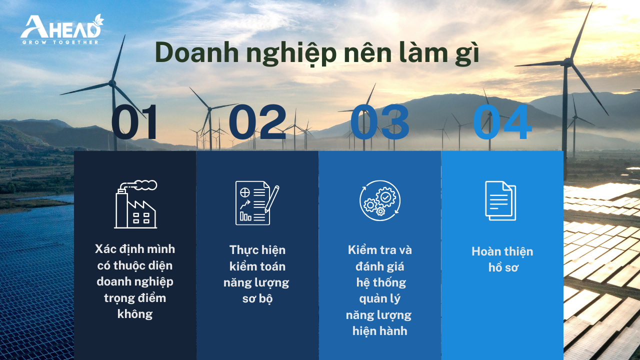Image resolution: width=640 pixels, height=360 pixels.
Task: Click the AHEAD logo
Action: click(x=62, y=29)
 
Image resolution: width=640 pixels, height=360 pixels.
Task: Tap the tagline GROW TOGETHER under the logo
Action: click(x=60, y=42)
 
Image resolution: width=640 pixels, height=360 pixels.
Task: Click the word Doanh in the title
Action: click(x=197, y=53)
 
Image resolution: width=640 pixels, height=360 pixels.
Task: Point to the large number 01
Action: click(x=134, y=121)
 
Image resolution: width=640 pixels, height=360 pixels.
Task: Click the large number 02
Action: click(x=257, y=121)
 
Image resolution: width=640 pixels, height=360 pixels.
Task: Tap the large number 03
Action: click(x=379, y=121)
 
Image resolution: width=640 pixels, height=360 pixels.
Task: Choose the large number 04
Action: click(x=502, y=121)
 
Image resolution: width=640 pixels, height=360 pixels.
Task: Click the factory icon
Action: click(x=135, y=204)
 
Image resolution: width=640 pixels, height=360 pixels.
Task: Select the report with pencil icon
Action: click(x=257, y=203)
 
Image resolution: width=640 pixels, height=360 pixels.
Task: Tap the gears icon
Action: click(x=380, y=200)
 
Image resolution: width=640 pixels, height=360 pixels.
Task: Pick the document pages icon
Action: click(x=500, y=200)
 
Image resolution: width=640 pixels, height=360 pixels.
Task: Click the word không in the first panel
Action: click(x=135, y=314)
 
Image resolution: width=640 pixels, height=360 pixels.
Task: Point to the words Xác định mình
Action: click(x=135, y=249)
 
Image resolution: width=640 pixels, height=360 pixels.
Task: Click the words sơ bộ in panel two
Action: click(x=257, y=299)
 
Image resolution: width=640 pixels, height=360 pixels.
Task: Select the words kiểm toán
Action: click(x=257, y=266)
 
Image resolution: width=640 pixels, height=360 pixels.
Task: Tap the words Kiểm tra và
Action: click(x=379, y=250)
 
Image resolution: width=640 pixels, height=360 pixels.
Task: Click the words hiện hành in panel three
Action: click(x=379, y=331)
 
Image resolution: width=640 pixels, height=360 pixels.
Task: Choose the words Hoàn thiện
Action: click(x=502, y=251)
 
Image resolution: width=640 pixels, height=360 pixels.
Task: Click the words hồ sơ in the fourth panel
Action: click(x=503, y=267)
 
